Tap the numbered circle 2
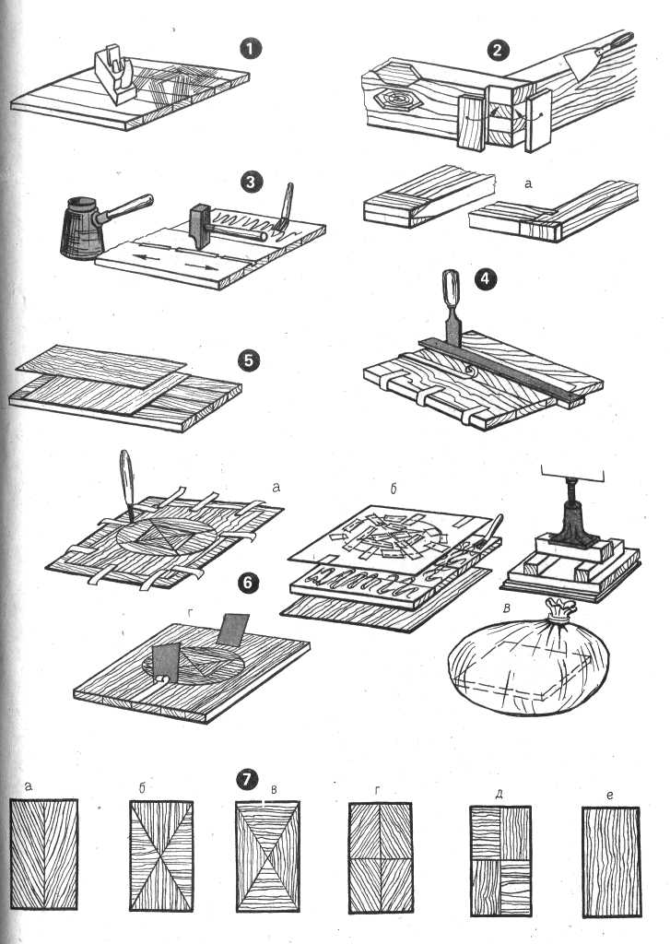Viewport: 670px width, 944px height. pos(499,50)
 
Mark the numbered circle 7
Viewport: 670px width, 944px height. pos(246,780)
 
